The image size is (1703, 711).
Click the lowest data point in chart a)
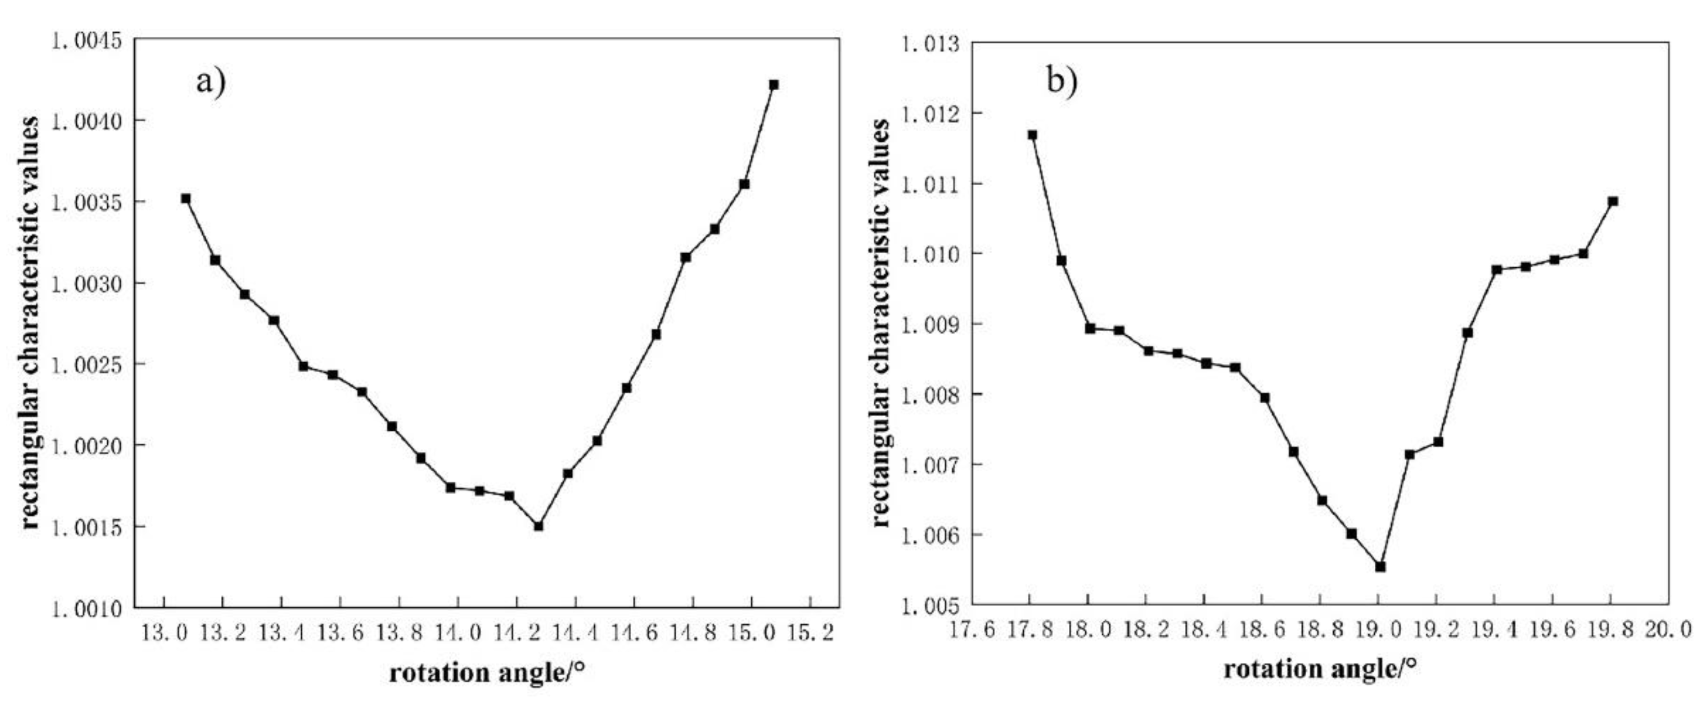pyautogui.click(x=538, y=526)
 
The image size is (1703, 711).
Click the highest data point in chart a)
pyautogui.click(x=774, y=85)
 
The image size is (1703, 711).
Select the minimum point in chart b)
pyautogui.click(x=1380, y=567)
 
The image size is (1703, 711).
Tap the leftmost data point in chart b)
pyautogui.click(x=1032, y=135)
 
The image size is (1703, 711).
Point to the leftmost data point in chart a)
pyautogui.click(x=186, y=198)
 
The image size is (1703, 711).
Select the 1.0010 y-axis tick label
pyautogui.click(x=87, y=608)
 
